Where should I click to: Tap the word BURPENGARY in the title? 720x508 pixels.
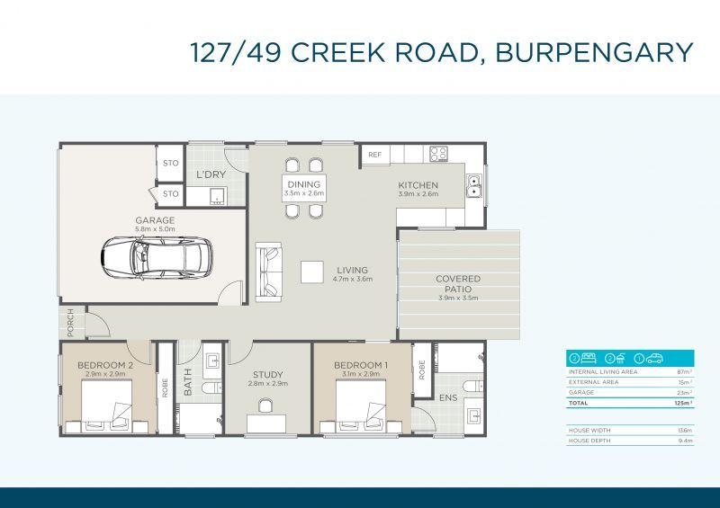tap(595, 51)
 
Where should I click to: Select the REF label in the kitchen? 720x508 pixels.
tap(375, 156)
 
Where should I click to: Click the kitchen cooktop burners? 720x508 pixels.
tap(438, 154)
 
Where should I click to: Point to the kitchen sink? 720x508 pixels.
tap(473, 187)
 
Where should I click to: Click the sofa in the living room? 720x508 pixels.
tap(269, 271)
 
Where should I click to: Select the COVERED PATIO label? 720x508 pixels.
tap(458, 284)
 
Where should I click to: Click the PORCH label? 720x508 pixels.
tap(70, 321)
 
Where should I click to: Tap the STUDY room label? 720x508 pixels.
tap(267, 375)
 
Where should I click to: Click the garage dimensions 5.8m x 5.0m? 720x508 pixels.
tap(155, 229)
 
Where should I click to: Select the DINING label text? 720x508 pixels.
tap(303, 184)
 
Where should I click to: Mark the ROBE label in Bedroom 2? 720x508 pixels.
tap(165, 386)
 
